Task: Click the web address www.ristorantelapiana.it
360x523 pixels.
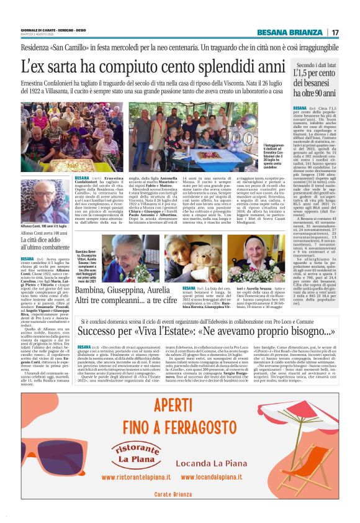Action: coord(136,477)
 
